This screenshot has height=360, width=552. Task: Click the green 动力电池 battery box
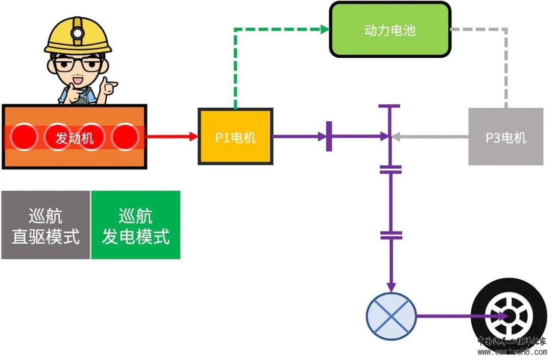point(390,30)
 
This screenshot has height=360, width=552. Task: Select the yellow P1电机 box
point(235,137)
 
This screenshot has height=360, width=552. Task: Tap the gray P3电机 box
point(505,137)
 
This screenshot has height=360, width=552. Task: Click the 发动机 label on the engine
point(75,138)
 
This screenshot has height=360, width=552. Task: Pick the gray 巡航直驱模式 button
point(45,225)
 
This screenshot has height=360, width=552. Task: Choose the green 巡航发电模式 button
point(135,225)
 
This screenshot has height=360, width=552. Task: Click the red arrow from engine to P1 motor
point(172,137)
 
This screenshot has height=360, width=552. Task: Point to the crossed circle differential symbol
point(392,316)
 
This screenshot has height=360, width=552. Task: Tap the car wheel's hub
point(509,316)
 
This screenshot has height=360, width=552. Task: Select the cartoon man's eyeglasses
point(78,64)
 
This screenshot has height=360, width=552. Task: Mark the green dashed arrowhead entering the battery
point(325,30)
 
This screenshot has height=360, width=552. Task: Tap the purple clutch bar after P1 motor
point(329,137)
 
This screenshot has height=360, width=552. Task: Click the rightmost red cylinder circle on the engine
point(125,137)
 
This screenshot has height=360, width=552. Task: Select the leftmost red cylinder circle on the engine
point(24,137)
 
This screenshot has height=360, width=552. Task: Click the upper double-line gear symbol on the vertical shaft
point(391,169)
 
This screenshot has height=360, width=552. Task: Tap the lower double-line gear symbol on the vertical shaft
point(391,235)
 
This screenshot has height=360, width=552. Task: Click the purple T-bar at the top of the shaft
point(390,106)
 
